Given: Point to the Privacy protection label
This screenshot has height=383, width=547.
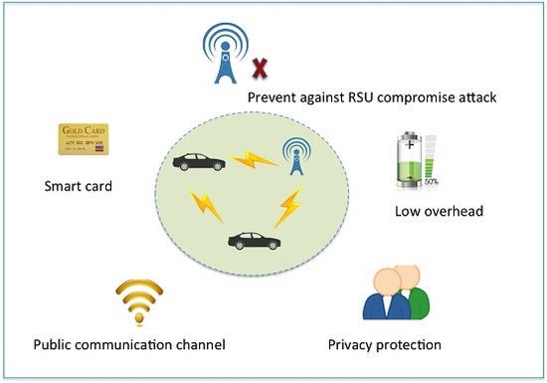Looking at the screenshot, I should (x=384, y=345).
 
